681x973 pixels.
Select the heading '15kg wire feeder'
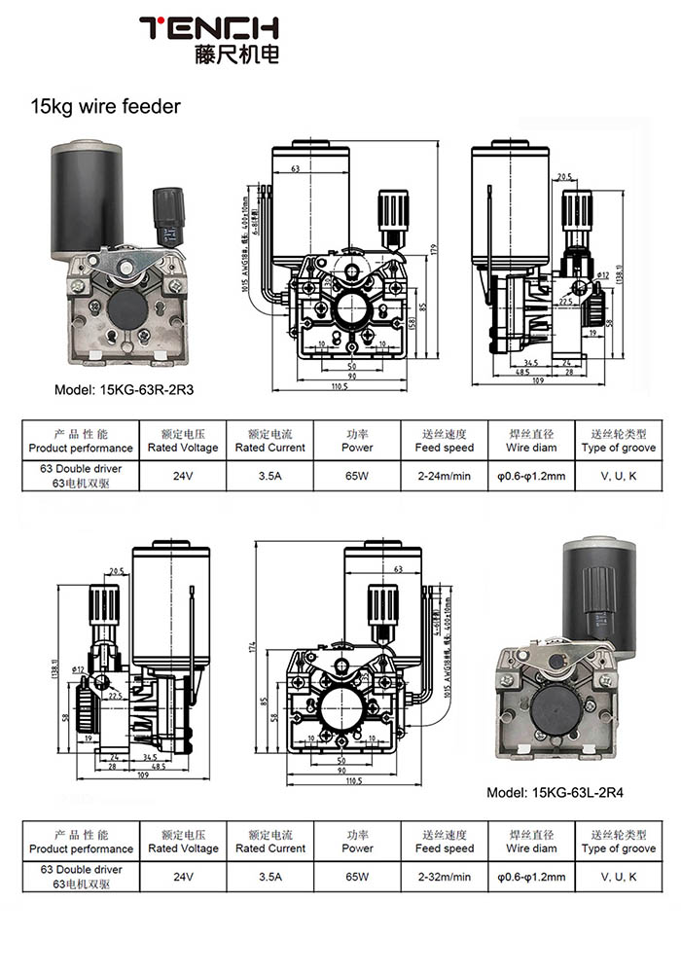(105, 106)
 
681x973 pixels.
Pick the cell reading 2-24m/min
(444, 477)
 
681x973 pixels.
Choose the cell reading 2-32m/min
(444, 877)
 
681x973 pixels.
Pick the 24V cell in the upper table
(183, 477)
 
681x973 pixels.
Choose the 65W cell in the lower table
(357, 877)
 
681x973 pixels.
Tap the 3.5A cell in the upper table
(270, 477)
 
